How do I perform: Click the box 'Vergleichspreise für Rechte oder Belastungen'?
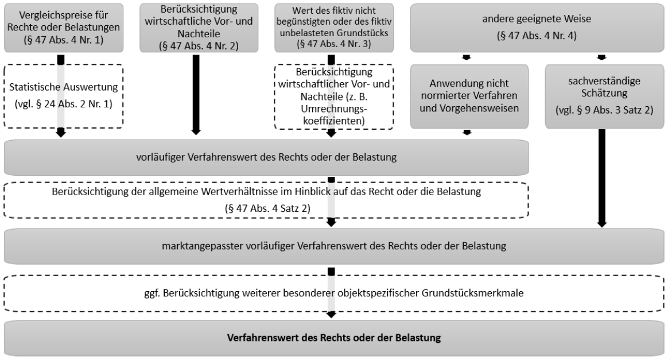click(64, 28)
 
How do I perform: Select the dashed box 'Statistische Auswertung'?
click(64, 96)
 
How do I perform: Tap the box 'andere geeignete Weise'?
click(537, 28)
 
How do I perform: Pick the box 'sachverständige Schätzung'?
click(604, 96)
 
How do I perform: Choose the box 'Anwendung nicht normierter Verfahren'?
click(469, 96)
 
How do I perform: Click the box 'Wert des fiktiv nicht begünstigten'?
click(334, 28)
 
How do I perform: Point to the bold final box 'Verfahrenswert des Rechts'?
click(334, 338)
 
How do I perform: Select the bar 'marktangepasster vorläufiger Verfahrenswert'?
click(334, 246)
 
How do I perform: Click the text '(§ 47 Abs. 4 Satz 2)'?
click(267, 208)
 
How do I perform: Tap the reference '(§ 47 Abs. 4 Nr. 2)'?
click(199, 45)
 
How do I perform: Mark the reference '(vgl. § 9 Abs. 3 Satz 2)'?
click(604, 110)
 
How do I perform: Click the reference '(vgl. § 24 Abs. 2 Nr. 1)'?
click(64, 104)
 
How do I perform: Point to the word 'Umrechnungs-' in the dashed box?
click(334, 109)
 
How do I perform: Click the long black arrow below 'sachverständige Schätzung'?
click(601, 178)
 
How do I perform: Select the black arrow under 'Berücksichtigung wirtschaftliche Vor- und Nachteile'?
click(196, 95)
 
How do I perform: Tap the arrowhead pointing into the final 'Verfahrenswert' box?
click(331, 315)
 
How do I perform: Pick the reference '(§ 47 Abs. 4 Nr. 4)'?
click(537, 36)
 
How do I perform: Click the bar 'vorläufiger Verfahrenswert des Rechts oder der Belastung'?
click(266, 157)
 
